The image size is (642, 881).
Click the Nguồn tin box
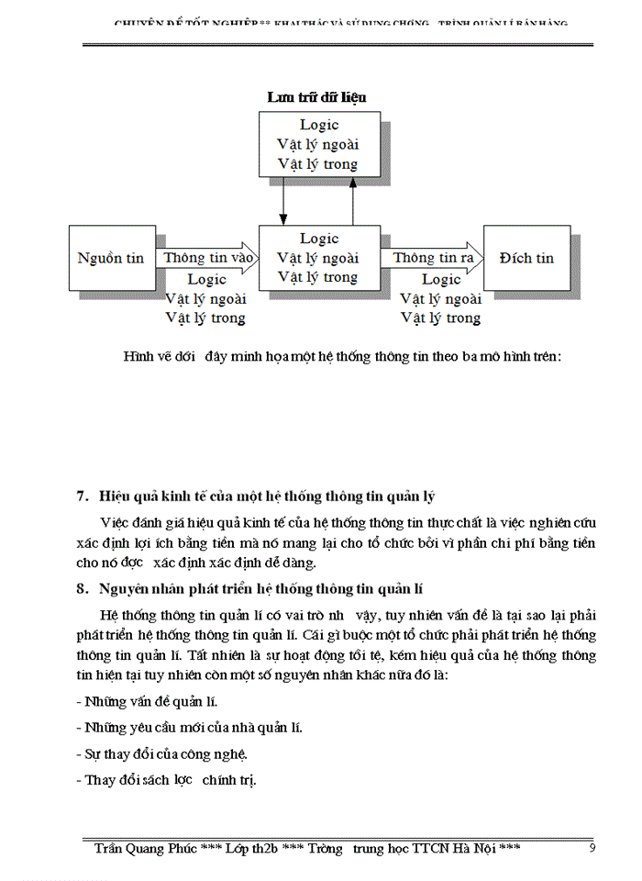pyautogui.click(x=110, y=259)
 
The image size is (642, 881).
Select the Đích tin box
pyautogui.click(x=526, y=259)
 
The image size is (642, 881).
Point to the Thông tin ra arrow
pyautogui.click(x=434, y=259)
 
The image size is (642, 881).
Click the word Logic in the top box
pyautogui.click(x=319, y=125)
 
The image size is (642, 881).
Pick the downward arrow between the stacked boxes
pyautogui.click(x=283, y=199)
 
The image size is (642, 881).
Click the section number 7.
pyautogui.click(x=82, y=497)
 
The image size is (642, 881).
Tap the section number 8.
pyautogui.click(x=82, y=589)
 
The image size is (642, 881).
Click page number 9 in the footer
pyautogui.click(x=592, y=848)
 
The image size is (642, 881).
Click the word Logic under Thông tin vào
pyautogui.click(x=206, y=279)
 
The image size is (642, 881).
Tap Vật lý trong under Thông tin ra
pyautogui.click(x=440, y=318)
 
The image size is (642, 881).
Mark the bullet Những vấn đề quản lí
pyautogui.click(x=146, y=703)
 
